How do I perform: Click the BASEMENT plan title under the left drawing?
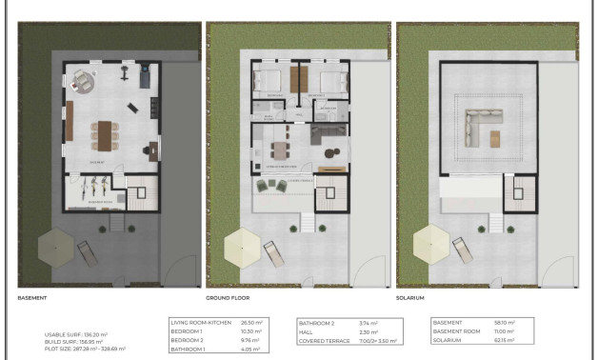pyautogui.click(x=33, y=298)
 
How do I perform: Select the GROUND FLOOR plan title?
pyautogui.click(x=226, y=298)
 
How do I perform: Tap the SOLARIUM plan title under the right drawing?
pyautogui.click(x=411, y=298)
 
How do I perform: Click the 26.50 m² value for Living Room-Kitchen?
pyautogui.click(x=252, y=323)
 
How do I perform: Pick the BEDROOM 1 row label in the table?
pyautogui.click(x=187, y=330)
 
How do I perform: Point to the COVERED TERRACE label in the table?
pyautogui.click(x=324, y=339)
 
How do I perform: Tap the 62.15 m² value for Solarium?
pyautogui.click(x=505, y=339)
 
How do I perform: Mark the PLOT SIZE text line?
pyautogui.click(x=86, y=349)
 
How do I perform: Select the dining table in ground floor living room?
pyautogui.click(x=280, y=149)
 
